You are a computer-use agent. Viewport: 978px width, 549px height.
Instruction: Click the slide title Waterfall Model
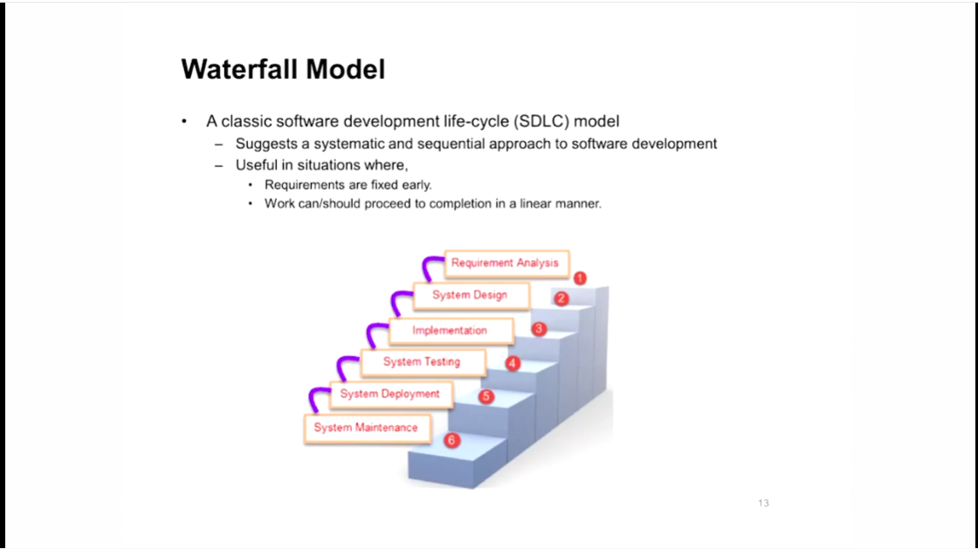[x=283, y=69]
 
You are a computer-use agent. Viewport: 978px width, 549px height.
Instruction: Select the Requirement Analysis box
[x=505, y=263]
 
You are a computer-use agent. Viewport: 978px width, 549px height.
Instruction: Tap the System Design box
[x=470, y=295]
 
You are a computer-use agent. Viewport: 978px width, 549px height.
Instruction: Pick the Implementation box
[x=450, y=331]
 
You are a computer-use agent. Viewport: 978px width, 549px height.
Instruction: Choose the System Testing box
[x=422, y=362]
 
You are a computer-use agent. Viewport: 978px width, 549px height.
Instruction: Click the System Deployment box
[x=390, y=395]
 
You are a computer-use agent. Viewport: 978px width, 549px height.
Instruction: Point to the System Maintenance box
[x=366, y=428]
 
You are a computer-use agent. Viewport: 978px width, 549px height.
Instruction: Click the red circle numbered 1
[x=580, y=278]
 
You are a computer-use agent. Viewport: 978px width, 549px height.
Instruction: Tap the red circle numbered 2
[x=562, y=299]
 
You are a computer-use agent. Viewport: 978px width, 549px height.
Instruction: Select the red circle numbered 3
[x=540, y=329]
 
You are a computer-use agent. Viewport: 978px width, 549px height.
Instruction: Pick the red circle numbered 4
[x=513, y=364]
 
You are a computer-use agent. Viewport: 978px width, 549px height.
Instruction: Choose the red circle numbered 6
[x=451, y=441]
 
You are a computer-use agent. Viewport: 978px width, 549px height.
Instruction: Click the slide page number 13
[x=763, y=504]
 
